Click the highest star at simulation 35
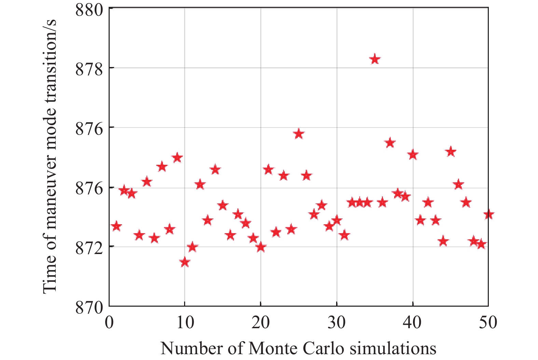[375, 59]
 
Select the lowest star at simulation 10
[184, 262]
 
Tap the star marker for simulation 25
[299, 134]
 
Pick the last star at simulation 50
[488, 214]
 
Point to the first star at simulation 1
[116, 226]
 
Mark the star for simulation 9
[177, 158]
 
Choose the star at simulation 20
[261, 246]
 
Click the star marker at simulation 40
[413, 155]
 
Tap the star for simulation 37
[390, 143]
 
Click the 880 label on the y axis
[89, 10]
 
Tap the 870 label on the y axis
[89, 307]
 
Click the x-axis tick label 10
[185, 322]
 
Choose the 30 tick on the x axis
[337, 322]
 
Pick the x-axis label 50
[488, 322]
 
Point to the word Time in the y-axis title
[50, 278]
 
